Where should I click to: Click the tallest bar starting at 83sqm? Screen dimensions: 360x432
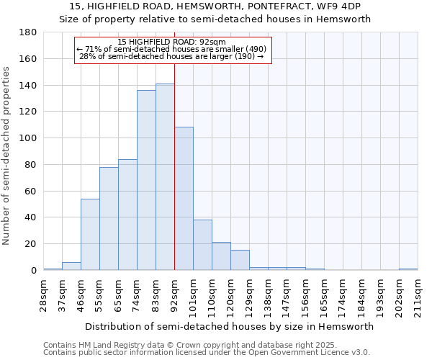pos(165,177)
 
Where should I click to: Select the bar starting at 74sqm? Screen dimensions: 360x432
pos(146,180)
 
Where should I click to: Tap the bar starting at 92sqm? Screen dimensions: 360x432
pos(184,199)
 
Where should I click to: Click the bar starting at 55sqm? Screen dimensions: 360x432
pos(109,219)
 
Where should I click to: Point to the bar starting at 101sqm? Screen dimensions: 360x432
pos(202,245)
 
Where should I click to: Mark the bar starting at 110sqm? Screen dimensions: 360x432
pos(221,256)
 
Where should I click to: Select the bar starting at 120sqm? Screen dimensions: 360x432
pos(240,260)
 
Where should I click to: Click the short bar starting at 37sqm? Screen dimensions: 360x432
pos(71,266)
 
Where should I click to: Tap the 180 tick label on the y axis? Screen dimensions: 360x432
pos(28,32)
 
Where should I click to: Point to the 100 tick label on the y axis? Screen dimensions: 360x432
pos(28,138)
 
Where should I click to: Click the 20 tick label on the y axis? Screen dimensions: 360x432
pos(31,244)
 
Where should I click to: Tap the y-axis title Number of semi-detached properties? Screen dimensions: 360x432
pos(6,156)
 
